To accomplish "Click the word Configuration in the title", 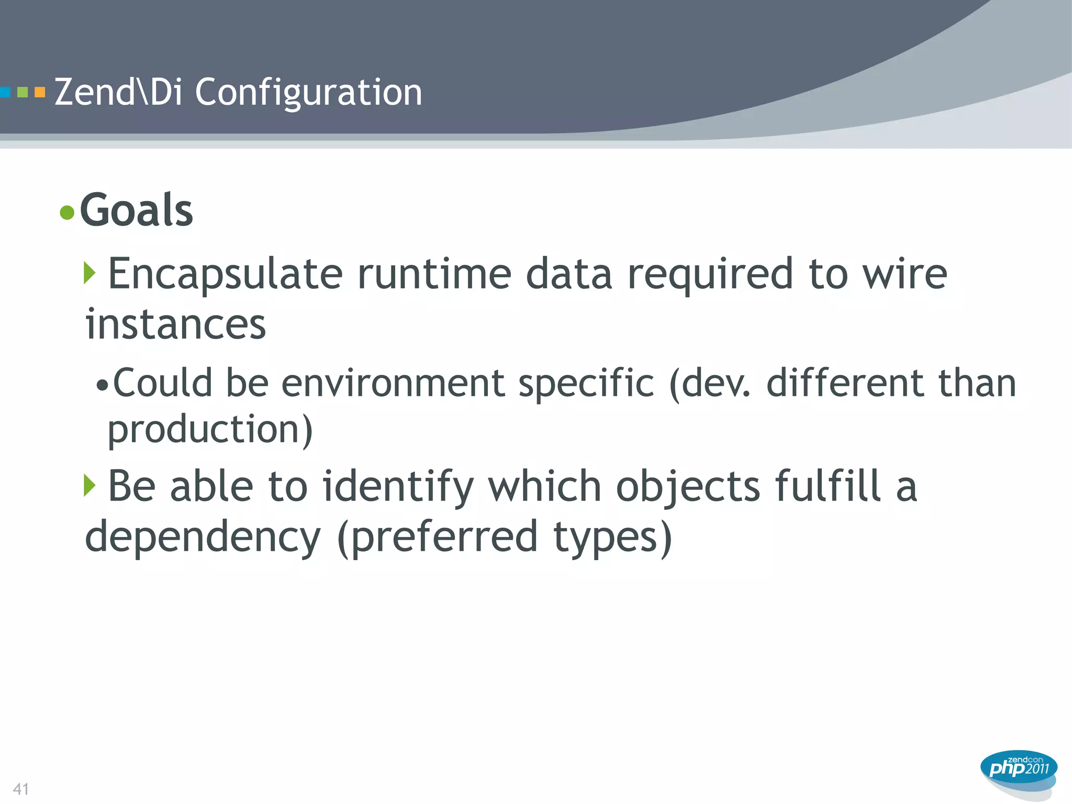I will [308, 93].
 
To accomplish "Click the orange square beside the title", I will [40, 93].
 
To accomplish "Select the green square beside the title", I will [23, 93].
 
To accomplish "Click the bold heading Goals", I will [137, 210].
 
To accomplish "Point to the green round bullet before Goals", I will [67, 213].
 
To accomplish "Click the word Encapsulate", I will [225, 274].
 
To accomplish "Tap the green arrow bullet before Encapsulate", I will [90, 273].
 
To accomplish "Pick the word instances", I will [176, 325].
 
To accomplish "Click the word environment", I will [393, 383].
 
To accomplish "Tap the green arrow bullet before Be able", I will [90, 485].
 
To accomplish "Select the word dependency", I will [203, 538].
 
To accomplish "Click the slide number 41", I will [21, 789].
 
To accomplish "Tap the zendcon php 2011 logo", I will [1019, 769].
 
